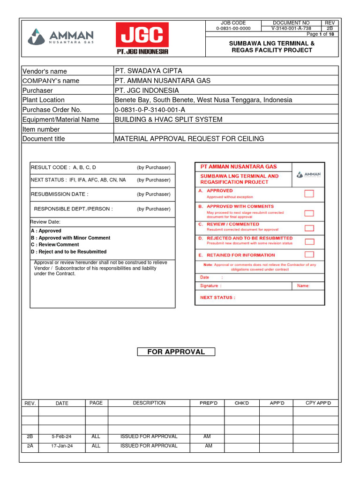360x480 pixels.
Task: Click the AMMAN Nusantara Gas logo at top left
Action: [61, 37]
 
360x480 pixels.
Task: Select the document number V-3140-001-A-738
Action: [291, 28]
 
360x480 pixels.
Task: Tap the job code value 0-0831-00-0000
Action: [233, 28]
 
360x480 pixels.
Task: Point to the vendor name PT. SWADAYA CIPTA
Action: [149, 71]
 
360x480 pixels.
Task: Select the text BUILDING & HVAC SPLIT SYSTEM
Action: [169, 119]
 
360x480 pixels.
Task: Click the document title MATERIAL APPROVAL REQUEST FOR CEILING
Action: [189, 138]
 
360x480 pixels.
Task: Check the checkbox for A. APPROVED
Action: [309, 194]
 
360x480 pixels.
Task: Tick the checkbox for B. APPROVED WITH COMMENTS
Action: [309, 213]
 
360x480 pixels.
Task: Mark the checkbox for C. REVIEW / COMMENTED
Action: [309, 228]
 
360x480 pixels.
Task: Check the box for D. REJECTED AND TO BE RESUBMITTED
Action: [309, 242]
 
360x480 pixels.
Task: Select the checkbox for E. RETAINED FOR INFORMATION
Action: [309, 255]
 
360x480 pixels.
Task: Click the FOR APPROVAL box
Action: [176, 352]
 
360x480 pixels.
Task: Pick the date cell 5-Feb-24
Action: [61, 436]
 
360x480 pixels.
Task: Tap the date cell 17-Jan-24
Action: [61, 446]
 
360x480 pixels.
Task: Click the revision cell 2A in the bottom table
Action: [30, 446]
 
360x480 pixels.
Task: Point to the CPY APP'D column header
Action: [318, 403]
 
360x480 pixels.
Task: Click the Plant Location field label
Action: [44, 100]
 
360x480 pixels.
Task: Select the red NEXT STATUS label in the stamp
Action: [217, 297]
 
